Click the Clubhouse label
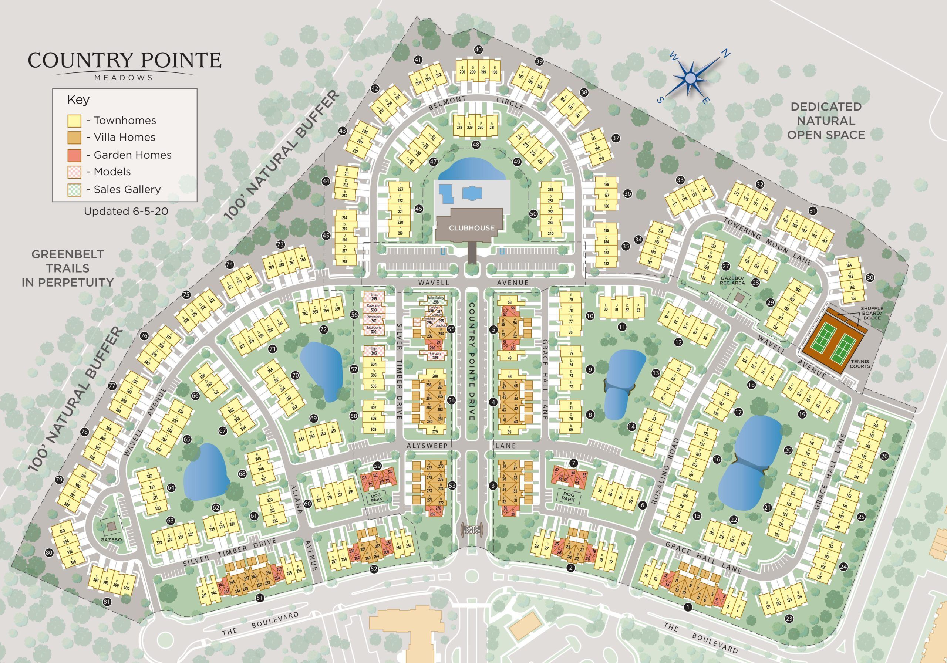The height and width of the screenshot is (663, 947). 471,228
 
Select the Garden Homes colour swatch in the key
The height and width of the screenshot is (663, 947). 74,155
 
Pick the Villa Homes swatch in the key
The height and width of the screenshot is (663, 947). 74,137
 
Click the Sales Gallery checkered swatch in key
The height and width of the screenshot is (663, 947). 74,190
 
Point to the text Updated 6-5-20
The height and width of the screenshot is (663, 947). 126,212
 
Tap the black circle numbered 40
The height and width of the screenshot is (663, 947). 478,50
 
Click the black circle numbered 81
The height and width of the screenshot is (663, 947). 107,602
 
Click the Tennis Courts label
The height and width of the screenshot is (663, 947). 860,363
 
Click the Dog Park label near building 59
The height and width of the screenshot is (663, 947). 376,498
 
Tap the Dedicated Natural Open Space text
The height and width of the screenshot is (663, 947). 826,121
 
